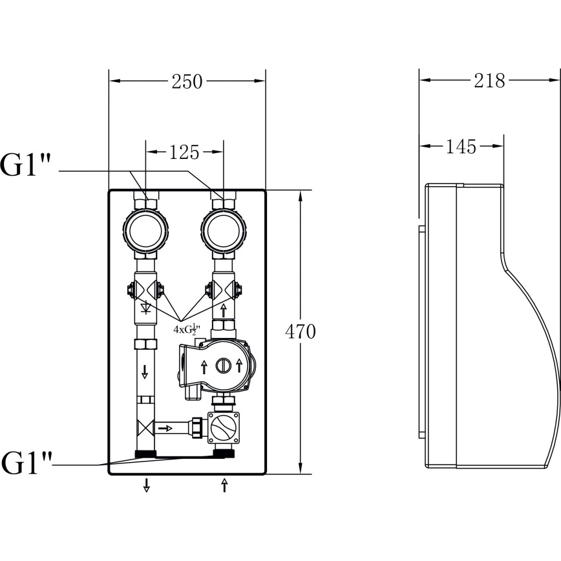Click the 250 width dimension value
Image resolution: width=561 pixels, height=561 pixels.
[x=187, y=81]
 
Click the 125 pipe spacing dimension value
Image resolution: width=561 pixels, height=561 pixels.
[x=184, y=152]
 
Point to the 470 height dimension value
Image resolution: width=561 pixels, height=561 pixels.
[x=300, y=332]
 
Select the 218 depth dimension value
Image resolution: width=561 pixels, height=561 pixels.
[x=489, y=81]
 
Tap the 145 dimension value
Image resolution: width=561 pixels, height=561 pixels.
[x=461, y=146]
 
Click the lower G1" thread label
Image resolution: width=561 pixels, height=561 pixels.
[x=26, y=463]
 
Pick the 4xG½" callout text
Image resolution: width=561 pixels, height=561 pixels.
[x=187, y=329]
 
